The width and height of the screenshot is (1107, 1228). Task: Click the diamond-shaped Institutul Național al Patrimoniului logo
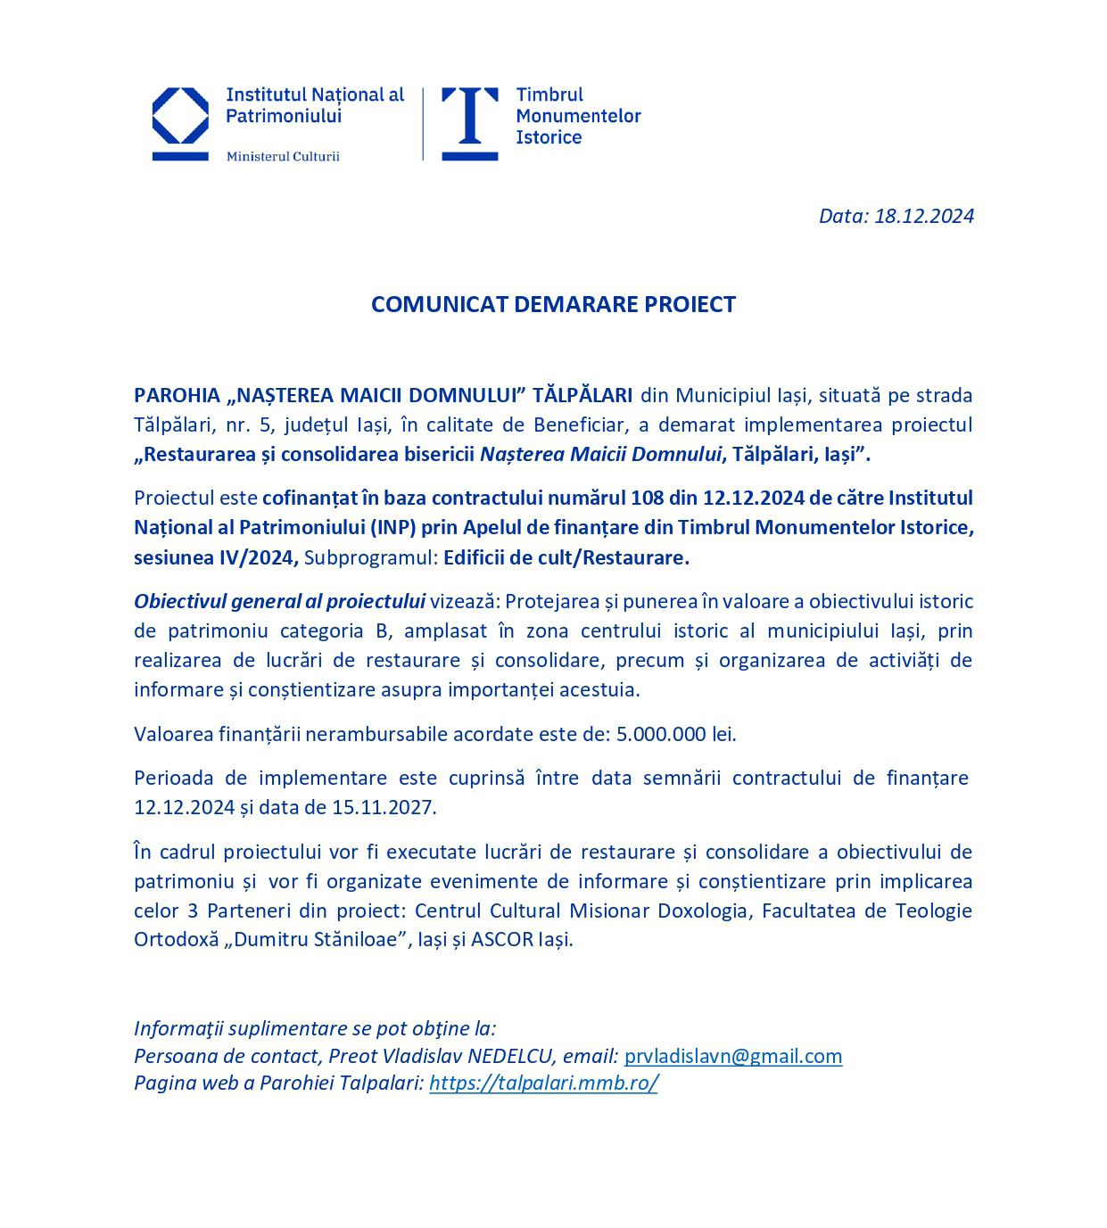click(180, 117)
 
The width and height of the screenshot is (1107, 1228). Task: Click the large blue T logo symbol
click(470, 122)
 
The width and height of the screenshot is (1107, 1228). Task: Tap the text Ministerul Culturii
click(283, 157)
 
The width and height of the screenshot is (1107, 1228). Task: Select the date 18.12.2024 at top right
click(924, 216)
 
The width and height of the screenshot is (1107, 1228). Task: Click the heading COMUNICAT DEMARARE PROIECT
click(553, 304)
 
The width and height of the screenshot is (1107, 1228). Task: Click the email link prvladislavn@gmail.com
click(732, 1056)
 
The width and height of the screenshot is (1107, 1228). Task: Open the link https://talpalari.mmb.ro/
click(543, 1083)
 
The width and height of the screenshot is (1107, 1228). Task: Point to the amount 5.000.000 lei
click(676, 734)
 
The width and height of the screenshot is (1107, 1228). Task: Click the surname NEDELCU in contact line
click(510, 1056)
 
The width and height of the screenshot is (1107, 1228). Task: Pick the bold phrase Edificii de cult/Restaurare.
click(566, 557)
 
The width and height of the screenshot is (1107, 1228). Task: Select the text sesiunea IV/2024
click(215, 557)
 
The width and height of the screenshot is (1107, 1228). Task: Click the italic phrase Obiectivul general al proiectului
click(279, 601)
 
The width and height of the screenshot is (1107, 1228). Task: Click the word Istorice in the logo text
click(549, 137)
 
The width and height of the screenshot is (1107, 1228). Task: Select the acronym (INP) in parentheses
click(392, 527)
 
